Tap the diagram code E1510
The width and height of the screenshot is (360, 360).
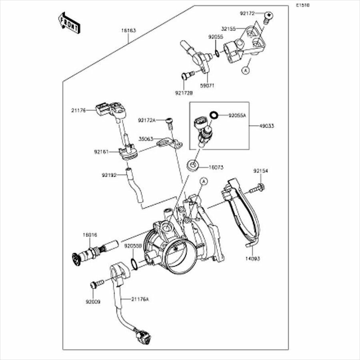tap(303, 6)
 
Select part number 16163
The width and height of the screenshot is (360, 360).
tap(128, 30)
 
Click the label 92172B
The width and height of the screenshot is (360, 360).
tap(184, 93)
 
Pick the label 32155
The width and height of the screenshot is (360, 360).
tap(228, 29)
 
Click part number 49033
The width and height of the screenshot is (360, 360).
tap(266, 126)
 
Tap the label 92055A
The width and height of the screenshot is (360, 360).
tap(237, 115)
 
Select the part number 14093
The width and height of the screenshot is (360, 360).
tap(252, 258)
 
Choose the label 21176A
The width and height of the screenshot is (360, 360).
tap(140, 299)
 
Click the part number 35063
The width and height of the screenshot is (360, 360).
tap(146, 139)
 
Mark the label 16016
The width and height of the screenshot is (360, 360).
tap(90, 235)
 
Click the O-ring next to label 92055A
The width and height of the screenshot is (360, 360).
tap(214, 115)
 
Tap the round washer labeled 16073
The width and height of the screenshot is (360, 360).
tap(194, 164)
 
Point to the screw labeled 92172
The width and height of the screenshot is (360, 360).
tap(269, 16)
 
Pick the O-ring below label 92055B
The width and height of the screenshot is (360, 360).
tap(135, 264)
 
